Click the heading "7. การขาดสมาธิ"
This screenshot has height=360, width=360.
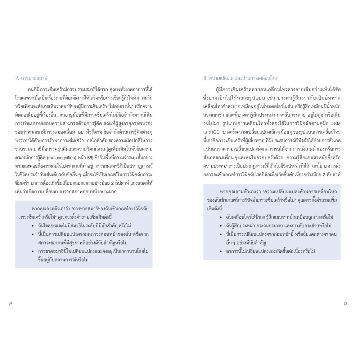click(x=31, y=78)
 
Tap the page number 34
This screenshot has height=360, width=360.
click(x=10, y=303)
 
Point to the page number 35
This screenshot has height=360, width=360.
click(x=345, y=303)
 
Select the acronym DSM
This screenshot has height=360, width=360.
click(x=336, y=123)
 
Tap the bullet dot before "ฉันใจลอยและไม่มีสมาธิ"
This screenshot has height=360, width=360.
click(x=33, y=226)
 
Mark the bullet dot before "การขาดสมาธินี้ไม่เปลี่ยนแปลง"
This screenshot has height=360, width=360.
click(x=33, y=251)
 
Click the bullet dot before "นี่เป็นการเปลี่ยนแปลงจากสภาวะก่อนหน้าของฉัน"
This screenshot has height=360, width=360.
click(x=33, y=234)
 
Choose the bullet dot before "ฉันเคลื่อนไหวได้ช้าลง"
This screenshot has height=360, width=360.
click(x=221, y=217)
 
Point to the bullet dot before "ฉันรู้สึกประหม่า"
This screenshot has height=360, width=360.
click(x=221, y=226)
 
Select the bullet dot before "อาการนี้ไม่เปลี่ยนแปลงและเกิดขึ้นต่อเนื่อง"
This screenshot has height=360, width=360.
click(x=221, y=251)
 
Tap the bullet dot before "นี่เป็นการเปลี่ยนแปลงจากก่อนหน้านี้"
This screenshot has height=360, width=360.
click(x=221, y=234)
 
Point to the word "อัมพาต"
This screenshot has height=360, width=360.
click(x=333, y=98)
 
